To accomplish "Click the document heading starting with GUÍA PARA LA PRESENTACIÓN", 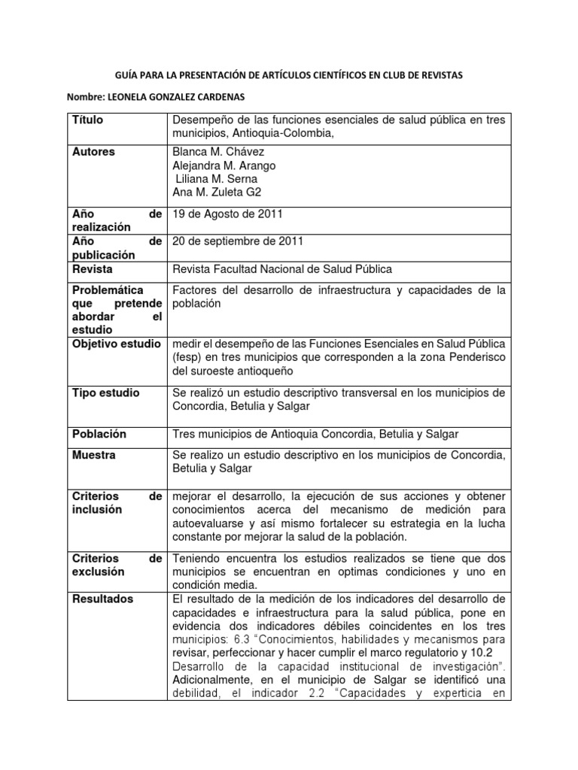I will [x=288, y=76].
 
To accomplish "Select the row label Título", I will [x=88, y=120].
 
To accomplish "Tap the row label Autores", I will [x=94, y=152].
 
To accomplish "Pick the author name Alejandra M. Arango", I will [x=224, y=165].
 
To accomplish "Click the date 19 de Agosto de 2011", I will [x=227, y=214].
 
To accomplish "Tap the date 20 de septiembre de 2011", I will [x=239, y=241].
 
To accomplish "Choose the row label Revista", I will [x=93, y=268].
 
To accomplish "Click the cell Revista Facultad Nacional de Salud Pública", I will [x=283, y=269].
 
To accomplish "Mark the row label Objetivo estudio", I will [x=116, y=344].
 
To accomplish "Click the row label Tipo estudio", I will [x=106, y=393].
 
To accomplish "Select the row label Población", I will [x=99, y=435].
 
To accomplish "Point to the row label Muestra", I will [x=94, y=456].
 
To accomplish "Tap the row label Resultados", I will [x=103, y=599].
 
